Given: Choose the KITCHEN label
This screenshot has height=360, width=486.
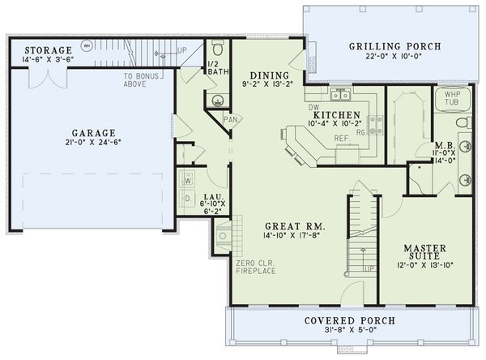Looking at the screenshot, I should tap(336, 116).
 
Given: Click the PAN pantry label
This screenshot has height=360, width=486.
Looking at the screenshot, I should tap(230, 119).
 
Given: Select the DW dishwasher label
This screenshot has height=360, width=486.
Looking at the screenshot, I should tap(312, 107).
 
